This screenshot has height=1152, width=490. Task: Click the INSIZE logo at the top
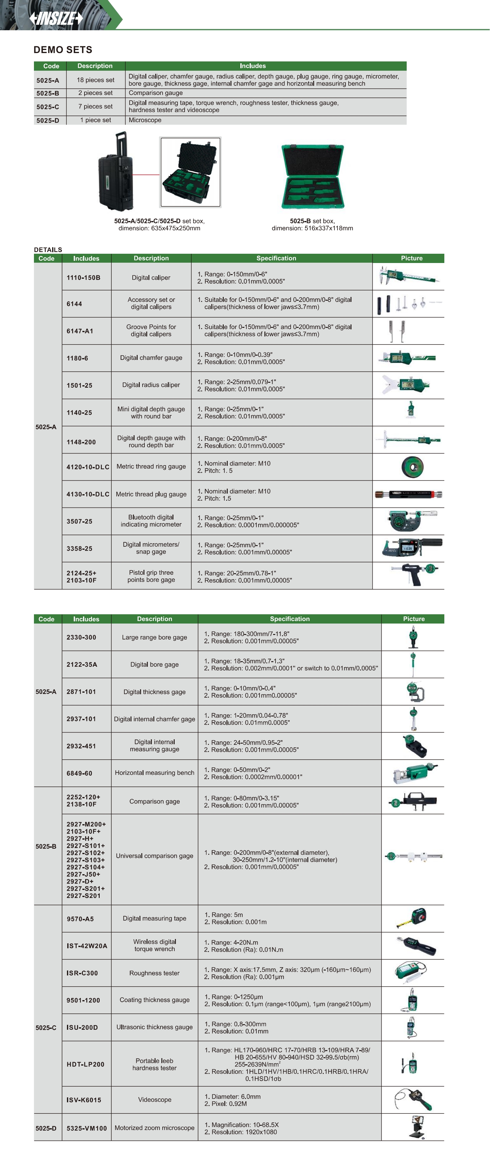point(56,18)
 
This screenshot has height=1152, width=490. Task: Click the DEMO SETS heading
point(63,50)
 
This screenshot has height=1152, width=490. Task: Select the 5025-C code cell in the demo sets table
point(48,107)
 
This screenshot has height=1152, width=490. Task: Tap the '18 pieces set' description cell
point(95,80)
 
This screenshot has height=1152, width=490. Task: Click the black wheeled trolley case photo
point(116,172)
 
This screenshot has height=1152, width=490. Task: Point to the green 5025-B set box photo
point(313,176)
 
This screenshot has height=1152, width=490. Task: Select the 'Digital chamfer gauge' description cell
point(151,358)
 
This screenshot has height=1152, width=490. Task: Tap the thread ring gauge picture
point(412,467)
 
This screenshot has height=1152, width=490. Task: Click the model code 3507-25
point(80,521)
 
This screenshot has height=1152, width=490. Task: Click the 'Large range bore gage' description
point(154,637)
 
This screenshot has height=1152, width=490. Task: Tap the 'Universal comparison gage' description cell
point(154,855)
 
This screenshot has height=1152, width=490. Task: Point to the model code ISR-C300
point(82,973)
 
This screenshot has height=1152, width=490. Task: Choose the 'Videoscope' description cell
point(154,1100)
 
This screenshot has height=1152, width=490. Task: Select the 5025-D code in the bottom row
point(46,1128)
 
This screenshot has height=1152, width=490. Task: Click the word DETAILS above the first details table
point(48,249)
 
